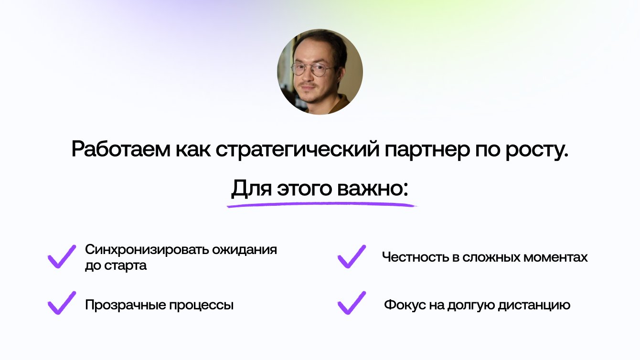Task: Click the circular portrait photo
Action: [x=320, y=72]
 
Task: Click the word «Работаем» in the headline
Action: [x=120, y=149]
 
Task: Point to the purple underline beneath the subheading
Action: [x=321, y=204]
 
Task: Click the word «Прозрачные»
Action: [x=125, y=306]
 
